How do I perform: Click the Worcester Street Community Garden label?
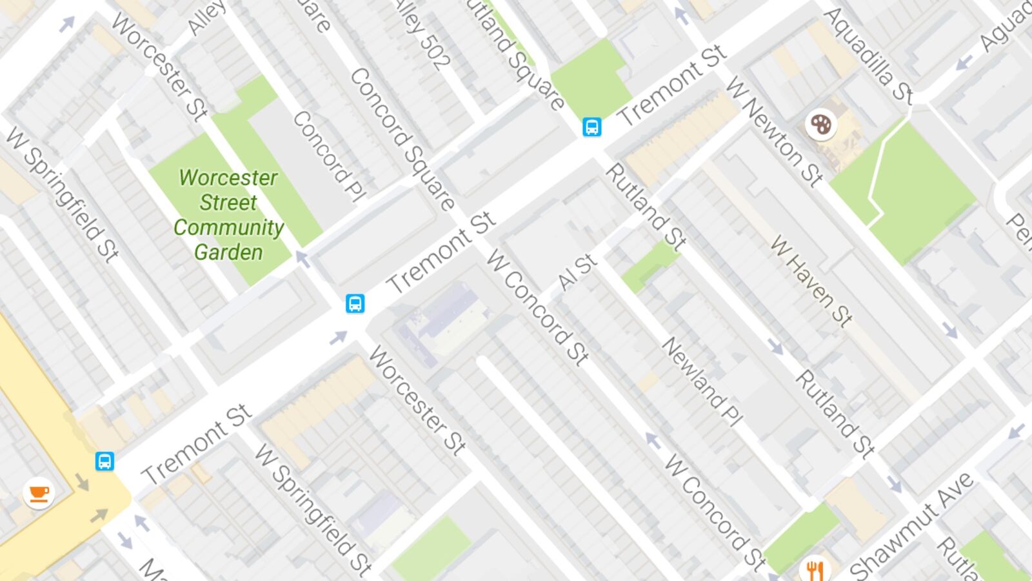tap(228, 214)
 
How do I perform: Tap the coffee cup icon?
tap(39, 493)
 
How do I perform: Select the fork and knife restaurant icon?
tap(815, 569)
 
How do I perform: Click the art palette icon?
tap(820, 124)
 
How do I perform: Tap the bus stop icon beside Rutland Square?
tap(591, 127)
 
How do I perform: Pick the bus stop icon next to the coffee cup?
tap(104, 461)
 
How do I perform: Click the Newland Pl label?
tap(701, 382)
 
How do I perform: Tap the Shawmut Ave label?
tap(911, 526)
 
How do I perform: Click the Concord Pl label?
tap(329, 156)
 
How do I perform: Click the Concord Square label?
tap(402, 139)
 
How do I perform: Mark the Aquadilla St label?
tap(868, 55)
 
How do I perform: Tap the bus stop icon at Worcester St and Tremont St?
tap(354, 303)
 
